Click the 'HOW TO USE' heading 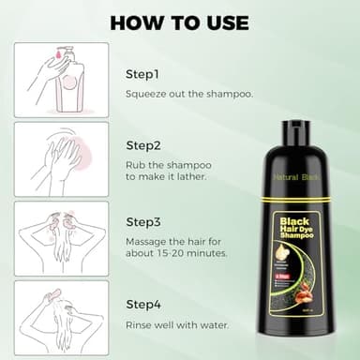(180, 22)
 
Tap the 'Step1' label (143, 73)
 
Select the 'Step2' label (143, 145)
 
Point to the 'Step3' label (143, 222)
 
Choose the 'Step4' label (143, 305)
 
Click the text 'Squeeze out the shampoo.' (187, 94)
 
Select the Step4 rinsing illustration (61, 317)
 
